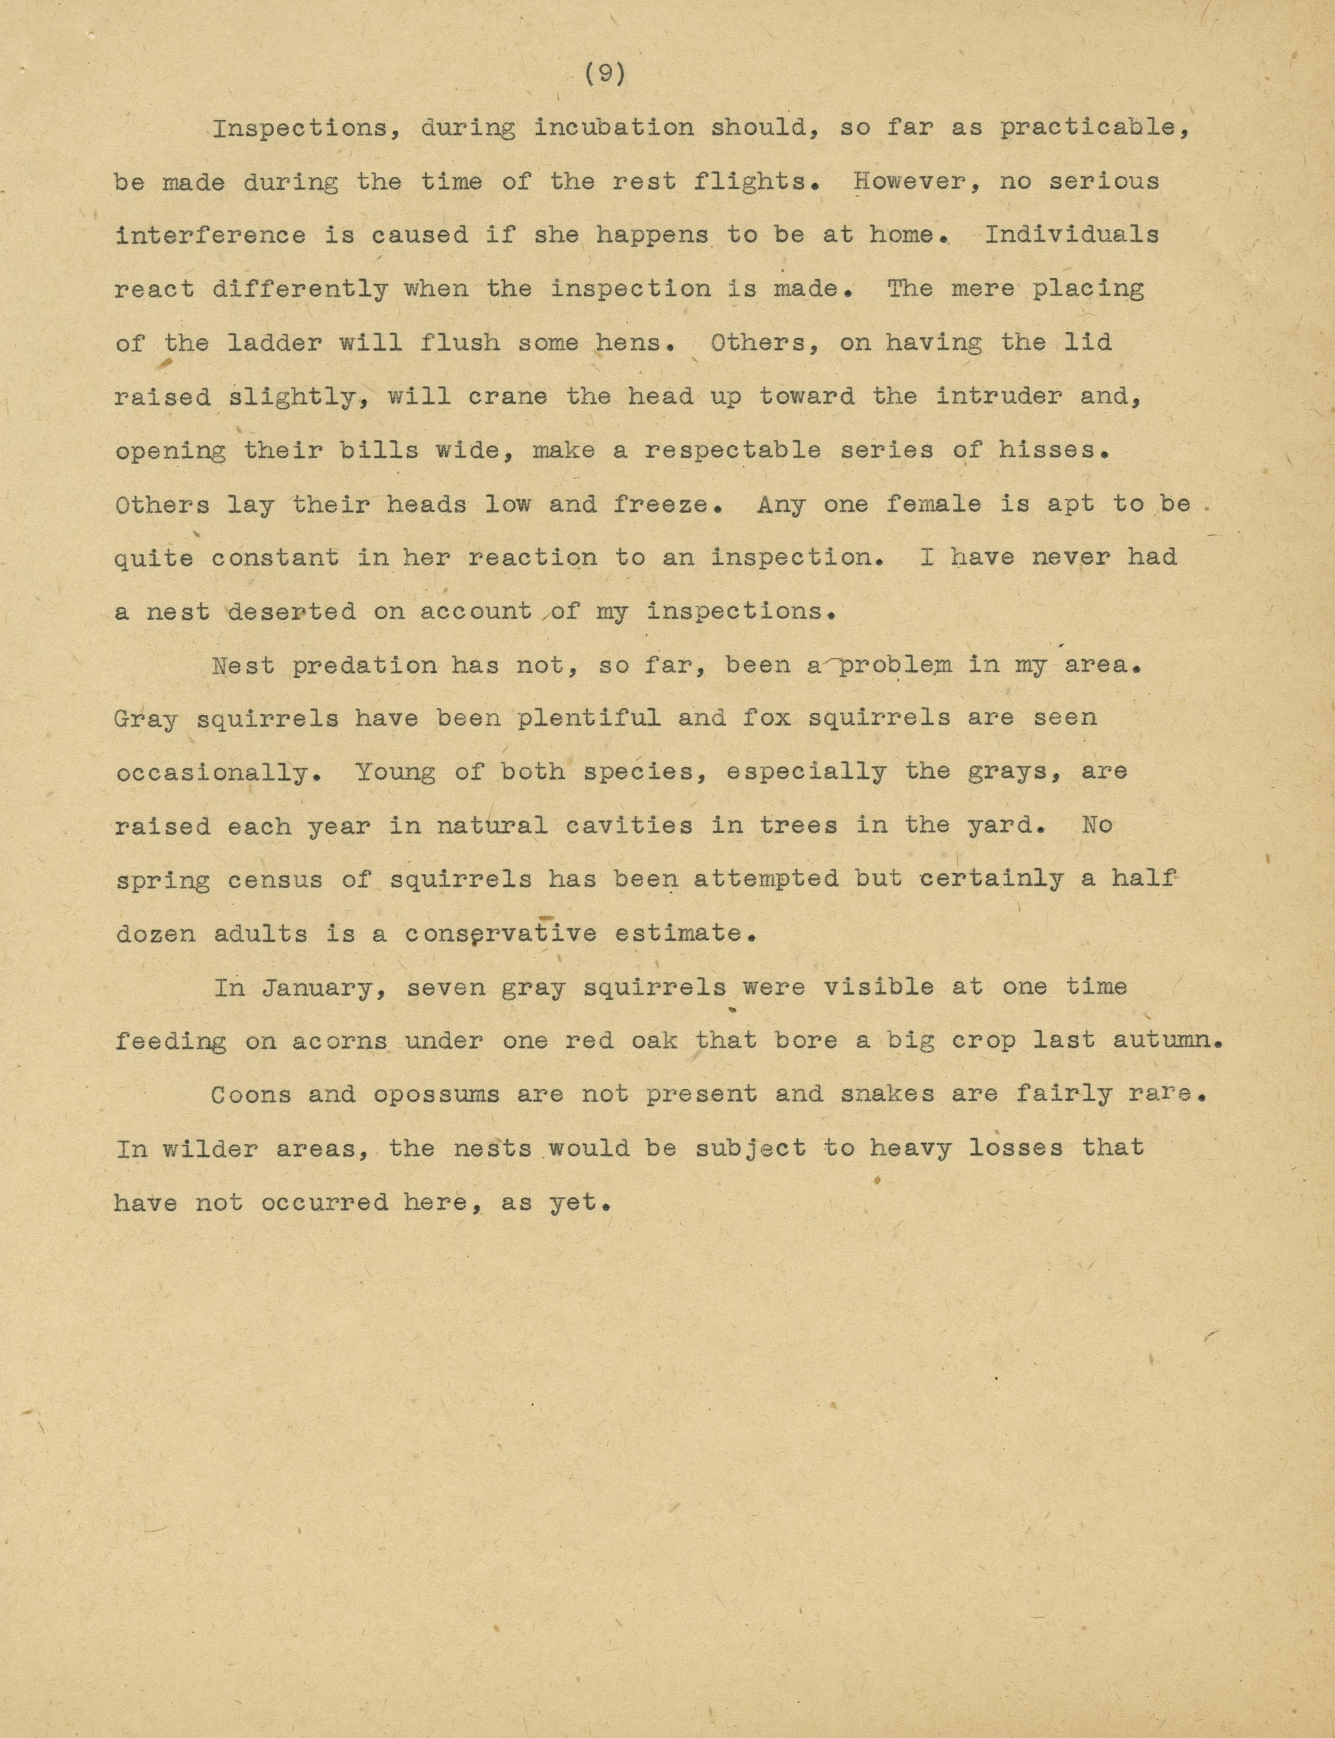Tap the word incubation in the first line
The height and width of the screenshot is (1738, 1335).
pos(613,128)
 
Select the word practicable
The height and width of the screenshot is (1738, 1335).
pos(1095,128)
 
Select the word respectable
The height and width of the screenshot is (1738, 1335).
pos(732,450)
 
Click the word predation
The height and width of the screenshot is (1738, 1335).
pos(364,665)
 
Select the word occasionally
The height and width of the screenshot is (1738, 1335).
pos(212,772)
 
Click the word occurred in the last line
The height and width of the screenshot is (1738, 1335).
pos(324,1202)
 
